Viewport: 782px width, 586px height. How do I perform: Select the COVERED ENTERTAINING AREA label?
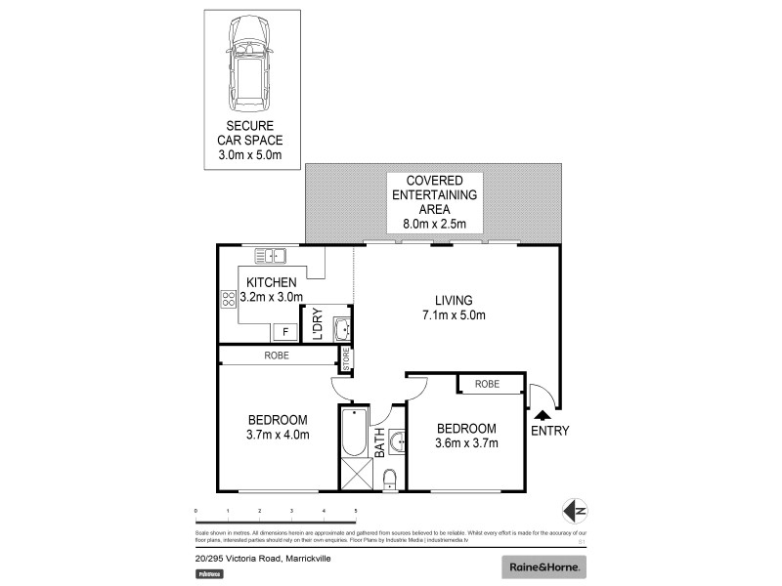point(434,201)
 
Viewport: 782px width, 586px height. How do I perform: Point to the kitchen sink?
point(269,256)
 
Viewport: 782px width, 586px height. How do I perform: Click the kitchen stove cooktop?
point(229,300)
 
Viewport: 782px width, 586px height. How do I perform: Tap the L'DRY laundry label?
point(317,325)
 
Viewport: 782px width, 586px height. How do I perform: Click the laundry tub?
point(342,329)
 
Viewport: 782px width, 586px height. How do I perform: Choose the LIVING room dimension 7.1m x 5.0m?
point(454,314)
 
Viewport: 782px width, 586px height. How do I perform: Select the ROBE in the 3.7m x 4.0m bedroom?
point(277,356)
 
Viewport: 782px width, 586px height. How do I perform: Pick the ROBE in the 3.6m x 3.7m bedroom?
point(487,384)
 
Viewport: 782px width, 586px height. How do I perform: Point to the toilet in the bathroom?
point(389,478)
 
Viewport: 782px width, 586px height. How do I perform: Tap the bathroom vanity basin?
point(396,442)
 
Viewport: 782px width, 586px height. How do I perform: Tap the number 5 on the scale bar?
point(356,511)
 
